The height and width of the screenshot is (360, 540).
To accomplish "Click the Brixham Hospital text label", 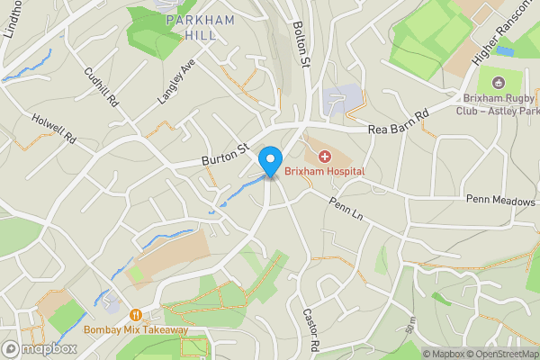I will pyautogui.click(x=324, y=170).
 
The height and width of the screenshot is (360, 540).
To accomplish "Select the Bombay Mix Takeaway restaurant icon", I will pyautogui.click(x=135, y=315).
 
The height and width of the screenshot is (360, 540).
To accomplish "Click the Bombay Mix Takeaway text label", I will pyautogui.click(x=135, y=329).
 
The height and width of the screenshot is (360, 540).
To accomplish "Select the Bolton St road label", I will pyautogui.click(x=301, y=45).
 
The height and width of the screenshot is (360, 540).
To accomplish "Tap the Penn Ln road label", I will pyautogui.click(x=345, y=211).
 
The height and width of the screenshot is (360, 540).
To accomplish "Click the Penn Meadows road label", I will pyautogui.click(x=500, y=200).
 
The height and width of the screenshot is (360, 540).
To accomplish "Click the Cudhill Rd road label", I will pyautogui.click(x=100, y=87).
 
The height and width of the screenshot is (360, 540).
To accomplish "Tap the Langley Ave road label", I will pyautogui.click(x=176, y=83).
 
